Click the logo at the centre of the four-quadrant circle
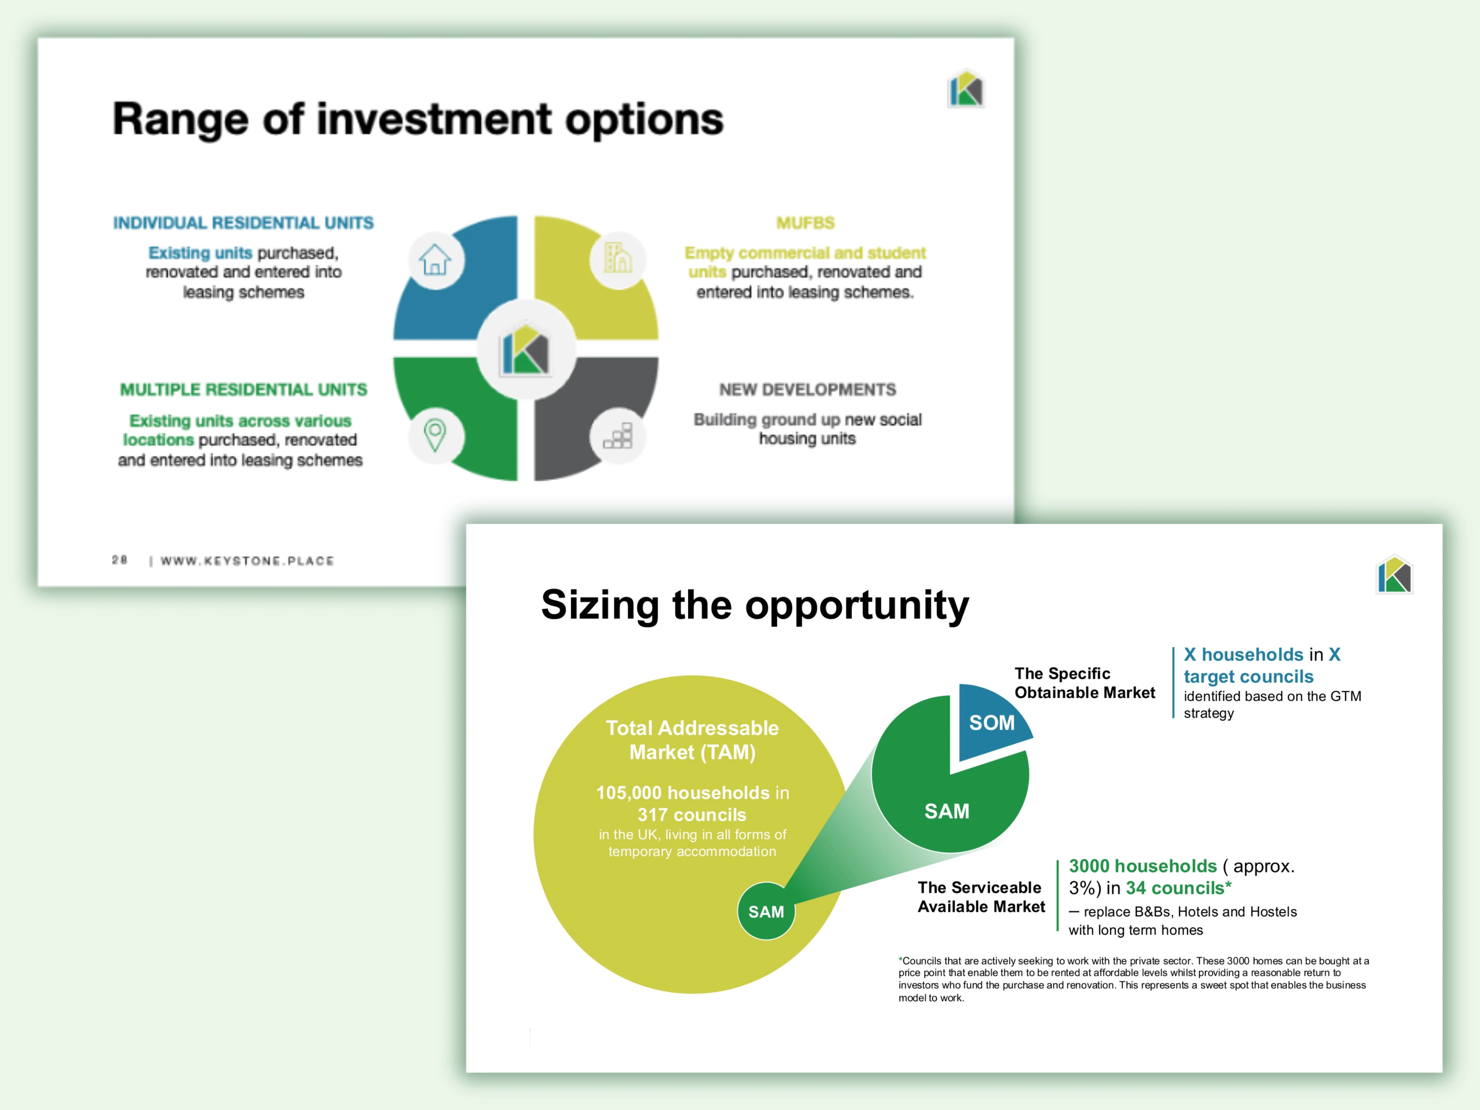tap(526, 349)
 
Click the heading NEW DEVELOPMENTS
tap(808, 389)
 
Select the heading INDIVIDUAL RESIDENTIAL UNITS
tap(244, 223)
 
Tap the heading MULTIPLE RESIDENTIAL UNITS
tap(244, 389)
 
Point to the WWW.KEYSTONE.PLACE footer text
tap(247, 561)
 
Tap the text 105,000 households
tap(683, 793)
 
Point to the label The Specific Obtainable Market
tap(1085, 683)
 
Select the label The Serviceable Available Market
tap(981, 897)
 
